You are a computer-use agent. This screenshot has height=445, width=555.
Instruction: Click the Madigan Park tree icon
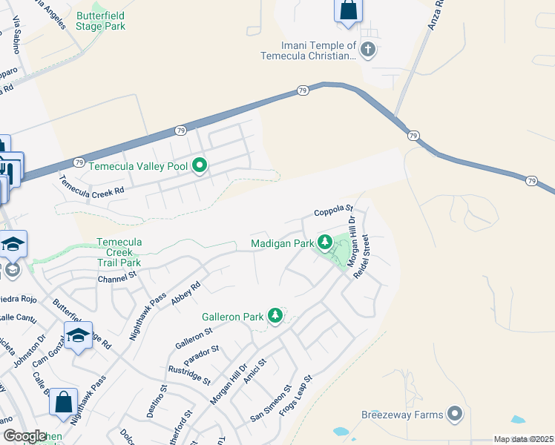coord(324,242)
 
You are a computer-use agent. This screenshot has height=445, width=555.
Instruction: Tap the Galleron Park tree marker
coord(275,316)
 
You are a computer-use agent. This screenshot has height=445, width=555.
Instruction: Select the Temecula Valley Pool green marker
coord(199,166)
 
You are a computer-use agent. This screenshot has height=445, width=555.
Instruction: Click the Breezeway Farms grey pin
coord(455,415)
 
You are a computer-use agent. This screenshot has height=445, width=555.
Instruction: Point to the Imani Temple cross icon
coord(368,50)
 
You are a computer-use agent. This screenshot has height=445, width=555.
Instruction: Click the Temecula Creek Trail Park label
coord(119,252)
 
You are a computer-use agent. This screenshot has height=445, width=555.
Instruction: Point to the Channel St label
coord(118,278)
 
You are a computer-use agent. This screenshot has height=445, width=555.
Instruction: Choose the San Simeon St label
coord(272,404)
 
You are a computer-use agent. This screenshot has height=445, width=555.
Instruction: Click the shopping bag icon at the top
coord(348,10)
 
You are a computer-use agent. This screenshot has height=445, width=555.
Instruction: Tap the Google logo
coord(25,435)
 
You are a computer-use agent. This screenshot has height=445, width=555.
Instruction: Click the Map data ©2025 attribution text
coord(523,439)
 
